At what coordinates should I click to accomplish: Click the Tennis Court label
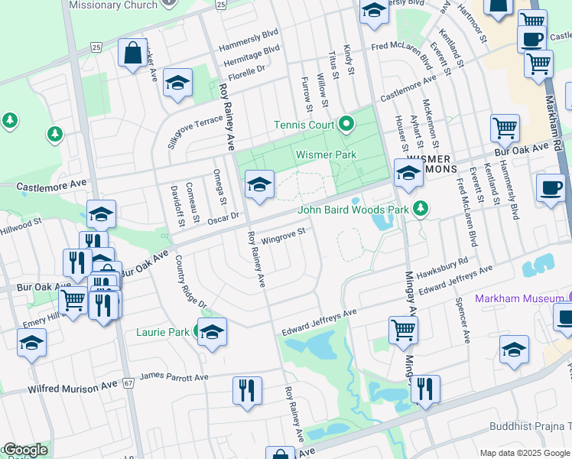coord(304,125)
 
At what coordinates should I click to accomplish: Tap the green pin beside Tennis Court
coord(346,123)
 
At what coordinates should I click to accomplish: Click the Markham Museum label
coord(519,298)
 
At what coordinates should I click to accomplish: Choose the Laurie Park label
coord(163,332)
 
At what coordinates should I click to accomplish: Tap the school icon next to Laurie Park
coord(212,334)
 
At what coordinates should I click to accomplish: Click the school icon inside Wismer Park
coord(259,184)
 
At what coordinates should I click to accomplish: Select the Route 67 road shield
coord(128,382)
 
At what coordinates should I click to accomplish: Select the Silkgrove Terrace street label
coord(195,135)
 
